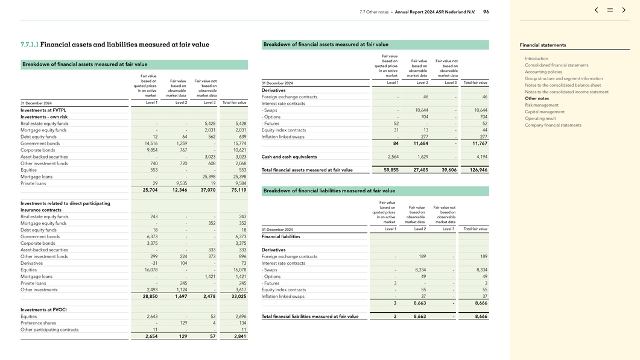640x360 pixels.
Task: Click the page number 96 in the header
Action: coord(486,11)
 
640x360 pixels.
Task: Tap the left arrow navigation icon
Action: coord(596,10)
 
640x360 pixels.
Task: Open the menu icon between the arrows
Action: coord(610,10)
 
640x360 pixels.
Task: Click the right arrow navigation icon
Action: coord(624,10)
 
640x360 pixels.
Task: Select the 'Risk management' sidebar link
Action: coord(542,105)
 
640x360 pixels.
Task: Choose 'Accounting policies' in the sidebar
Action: coord(543,72)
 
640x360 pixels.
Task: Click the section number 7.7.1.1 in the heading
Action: coord(30,45)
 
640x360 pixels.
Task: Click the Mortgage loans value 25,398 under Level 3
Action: coord(208,177)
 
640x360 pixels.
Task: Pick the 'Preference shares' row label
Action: coord(38,323)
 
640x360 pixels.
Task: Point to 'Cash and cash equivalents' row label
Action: coord(289,157)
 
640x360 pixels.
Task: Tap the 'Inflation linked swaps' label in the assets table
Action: coord(284,137)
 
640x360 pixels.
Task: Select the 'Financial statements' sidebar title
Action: coord(543,45)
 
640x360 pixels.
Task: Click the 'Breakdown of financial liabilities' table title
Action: coord(329,191)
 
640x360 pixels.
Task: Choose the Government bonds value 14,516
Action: coord(151,144)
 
